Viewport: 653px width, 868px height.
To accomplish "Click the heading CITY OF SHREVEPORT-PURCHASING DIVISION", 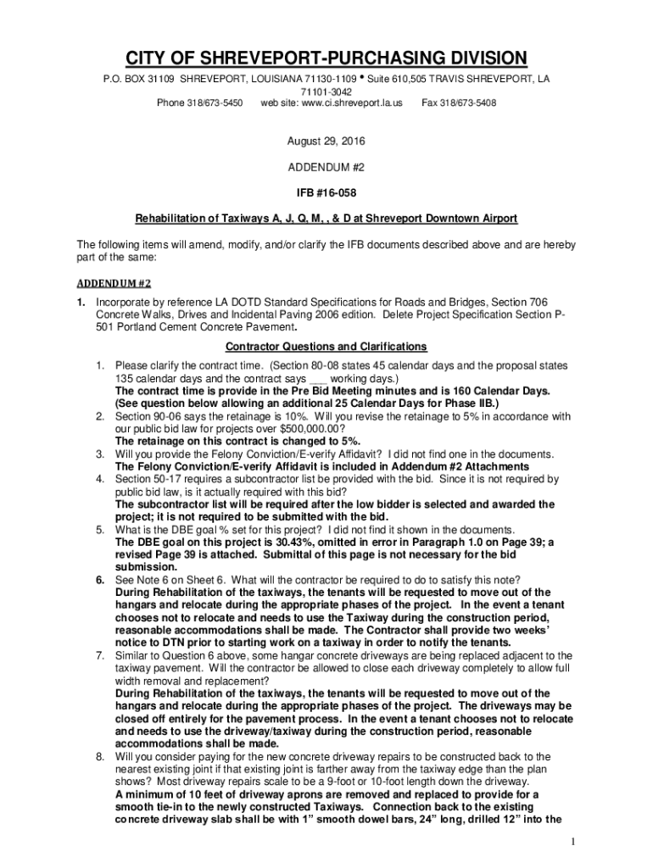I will (326, 58).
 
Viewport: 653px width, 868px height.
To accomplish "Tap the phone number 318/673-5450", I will (218, 103).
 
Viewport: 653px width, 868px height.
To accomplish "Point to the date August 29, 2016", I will (326, 140).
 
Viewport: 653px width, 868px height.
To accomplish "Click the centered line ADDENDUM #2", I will (326, 166).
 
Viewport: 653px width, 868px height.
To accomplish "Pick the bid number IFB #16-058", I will (326, 192).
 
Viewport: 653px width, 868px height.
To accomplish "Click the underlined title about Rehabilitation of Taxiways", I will (326, 219).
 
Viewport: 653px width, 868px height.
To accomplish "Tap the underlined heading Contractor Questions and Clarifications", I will (326, 347).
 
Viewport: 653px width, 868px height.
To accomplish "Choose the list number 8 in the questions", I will (99, 757).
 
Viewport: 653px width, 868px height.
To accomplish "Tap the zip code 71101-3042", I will (326, 91).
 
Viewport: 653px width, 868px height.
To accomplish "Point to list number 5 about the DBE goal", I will (99, 530).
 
